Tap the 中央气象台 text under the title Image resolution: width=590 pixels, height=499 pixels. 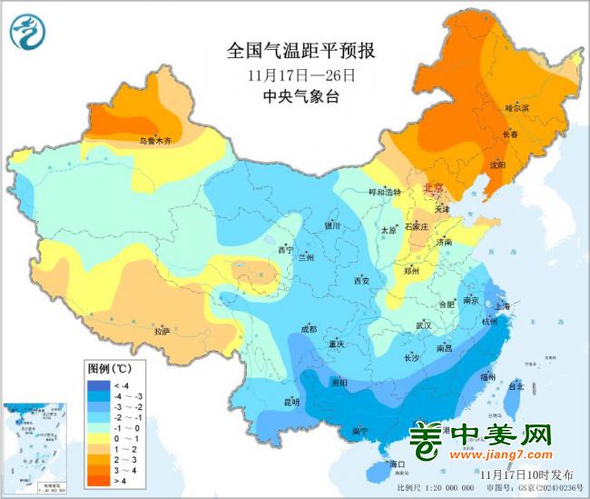300,96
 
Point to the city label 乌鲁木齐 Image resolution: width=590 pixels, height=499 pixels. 154,141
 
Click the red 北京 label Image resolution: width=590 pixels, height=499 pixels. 435,188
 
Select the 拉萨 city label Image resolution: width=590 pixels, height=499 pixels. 162,332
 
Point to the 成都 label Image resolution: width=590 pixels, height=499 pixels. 307,329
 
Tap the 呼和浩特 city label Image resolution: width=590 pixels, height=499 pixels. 383,192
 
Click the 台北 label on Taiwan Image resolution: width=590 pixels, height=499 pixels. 516,386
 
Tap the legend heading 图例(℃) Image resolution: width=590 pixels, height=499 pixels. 109,368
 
